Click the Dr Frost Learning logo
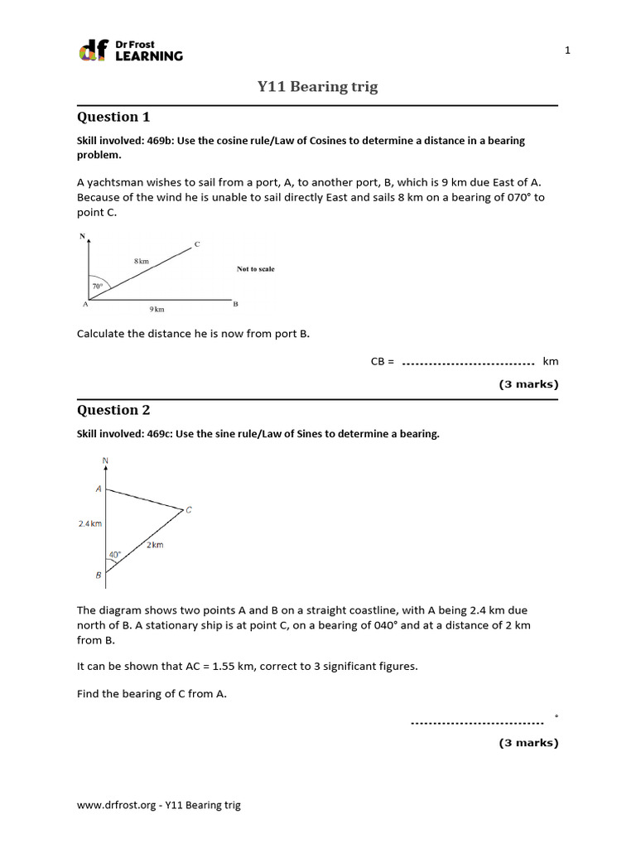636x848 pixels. [x=130, y=51]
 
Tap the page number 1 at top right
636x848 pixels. [x=567, y=51]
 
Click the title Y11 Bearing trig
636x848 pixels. [x=317, y=87]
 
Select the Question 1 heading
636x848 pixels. [x=113, y=117]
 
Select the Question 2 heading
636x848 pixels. [x=113, y=410]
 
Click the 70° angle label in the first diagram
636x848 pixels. [x=97, y=287]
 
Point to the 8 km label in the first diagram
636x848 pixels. [x=141, y=261]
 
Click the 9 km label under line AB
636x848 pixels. [x=157, y=310]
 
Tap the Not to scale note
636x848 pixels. [x=256, y=269]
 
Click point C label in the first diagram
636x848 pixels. [x=197, y=243]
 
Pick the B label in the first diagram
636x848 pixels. [x=235, y=304]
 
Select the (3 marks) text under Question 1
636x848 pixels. [x=528, y=384]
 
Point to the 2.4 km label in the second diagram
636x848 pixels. [x=89, y=523]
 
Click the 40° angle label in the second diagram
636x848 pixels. [x=114, y=555]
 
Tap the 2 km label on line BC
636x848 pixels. [x=155, y=545]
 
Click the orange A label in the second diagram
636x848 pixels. [x=99, y=489]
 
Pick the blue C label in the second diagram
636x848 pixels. [x=189, y=510]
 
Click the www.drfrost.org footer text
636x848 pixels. [x=159, y=805]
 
